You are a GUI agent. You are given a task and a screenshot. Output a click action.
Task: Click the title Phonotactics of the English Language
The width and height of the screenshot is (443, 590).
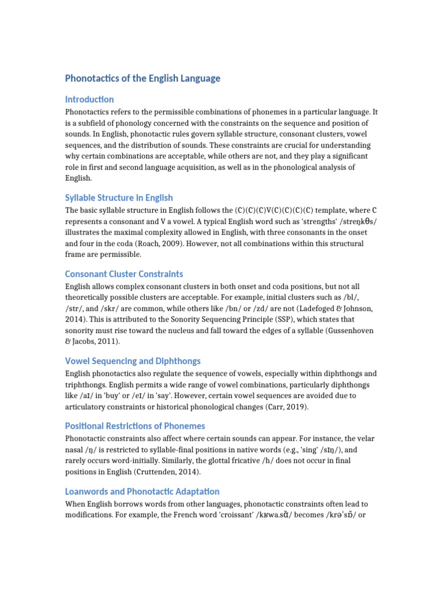pos(142,78)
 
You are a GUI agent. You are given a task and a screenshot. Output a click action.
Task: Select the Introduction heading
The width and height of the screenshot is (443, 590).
pos(89,99)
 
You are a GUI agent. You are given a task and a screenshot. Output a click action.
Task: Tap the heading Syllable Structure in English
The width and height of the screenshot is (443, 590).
pos(119,198)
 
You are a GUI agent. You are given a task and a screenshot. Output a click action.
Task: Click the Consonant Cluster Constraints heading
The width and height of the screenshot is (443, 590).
pos(124,274)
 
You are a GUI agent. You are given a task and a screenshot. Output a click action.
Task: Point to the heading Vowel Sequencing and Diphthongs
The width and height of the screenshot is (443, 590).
pos(133,361)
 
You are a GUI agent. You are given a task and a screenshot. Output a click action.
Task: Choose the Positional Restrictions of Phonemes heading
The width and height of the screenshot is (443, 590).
pos(135,426)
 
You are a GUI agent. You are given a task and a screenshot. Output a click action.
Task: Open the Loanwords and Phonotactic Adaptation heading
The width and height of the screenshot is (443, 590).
pos(142,491)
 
